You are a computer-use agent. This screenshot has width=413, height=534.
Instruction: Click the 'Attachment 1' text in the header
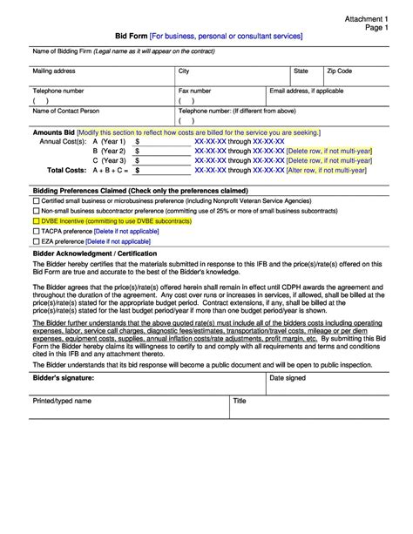click(369, 17)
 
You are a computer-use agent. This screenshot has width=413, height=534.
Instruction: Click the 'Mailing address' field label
click(54, 70)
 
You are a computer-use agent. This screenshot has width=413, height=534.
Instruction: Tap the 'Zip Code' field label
click(340, 70)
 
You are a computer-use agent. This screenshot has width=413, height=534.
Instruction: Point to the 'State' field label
click(301, 70)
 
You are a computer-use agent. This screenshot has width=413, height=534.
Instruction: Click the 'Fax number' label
click(194, 90)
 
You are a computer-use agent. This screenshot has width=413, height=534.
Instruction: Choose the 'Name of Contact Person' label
click(66, 111)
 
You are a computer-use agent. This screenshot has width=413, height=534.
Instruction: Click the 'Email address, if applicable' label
click(307, 90)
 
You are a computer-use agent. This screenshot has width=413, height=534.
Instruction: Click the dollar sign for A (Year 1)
click(138, 140)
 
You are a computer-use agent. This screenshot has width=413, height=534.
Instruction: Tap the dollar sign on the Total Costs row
click(138, 170)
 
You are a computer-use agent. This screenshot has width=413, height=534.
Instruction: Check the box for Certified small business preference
click(36, 201)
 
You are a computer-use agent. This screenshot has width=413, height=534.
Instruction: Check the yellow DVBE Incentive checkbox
click(36, 221)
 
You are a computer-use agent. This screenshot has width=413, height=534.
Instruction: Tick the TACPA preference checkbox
click(36, 232)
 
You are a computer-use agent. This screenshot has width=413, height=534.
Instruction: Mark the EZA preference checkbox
click(36, 241)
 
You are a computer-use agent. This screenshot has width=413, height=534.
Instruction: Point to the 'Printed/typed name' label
click(62, 401)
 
